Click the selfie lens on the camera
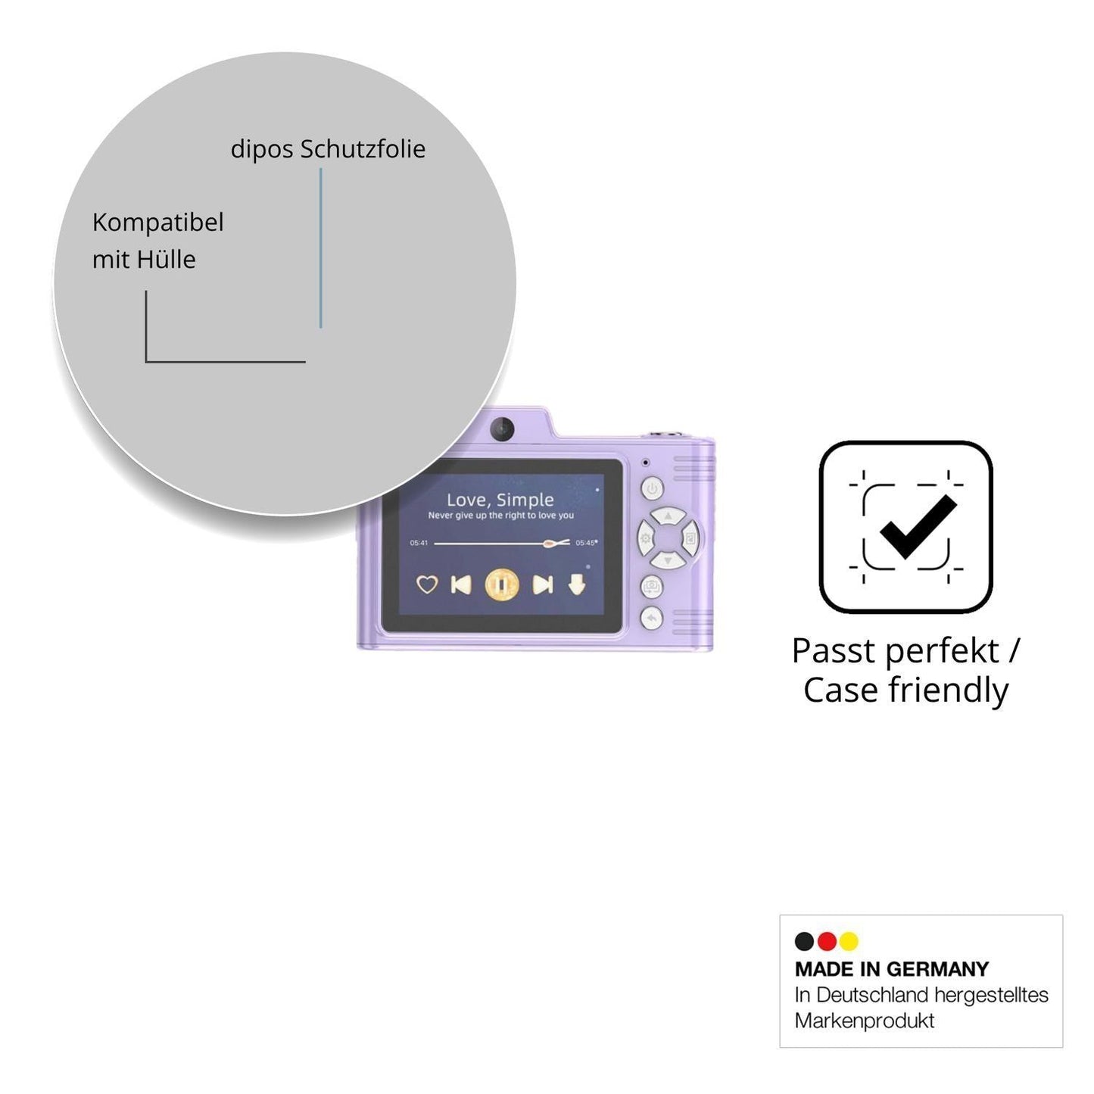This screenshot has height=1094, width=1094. [503, 429]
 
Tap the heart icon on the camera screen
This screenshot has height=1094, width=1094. [427, 584]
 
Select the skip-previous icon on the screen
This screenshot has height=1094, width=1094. [461, 584]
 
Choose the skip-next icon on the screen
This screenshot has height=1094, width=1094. [542, 584]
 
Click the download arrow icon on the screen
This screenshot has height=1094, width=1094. [577, 584]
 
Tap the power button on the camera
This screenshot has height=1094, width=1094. [653, 488]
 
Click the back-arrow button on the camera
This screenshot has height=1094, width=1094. [653, 619]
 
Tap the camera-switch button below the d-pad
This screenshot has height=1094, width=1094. [653, 586]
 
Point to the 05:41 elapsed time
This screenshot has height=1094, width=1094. [419, 543]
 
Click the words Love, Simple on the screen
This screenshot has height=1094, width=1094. [500, 500]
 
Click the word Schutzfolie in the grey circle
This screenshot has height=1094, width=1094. [363, 149]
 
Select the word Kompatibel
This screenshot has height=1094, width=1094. [157, 223]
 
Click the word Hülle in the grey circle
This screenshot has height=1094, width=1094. [167, 260]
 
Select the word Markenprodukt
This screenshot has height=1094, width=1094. [865, 1021]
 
